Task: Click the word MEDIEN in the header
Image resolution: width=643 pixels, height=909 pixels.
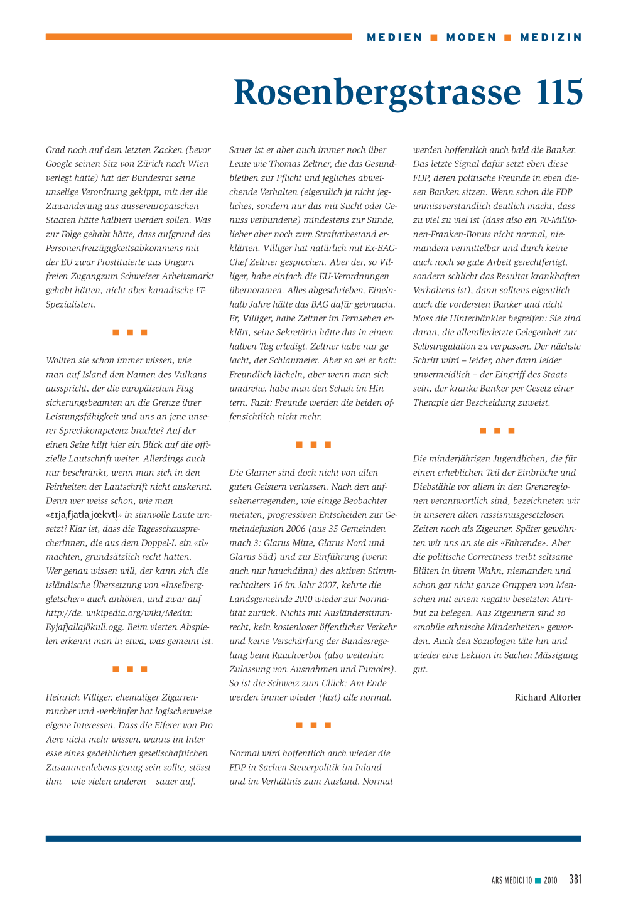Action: click(395, 38)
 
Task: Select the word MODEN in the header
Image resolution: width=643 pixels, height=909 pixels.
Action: click(472, 38)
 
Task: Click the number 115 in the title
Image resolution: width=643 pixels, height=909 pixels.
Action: click(559, 92)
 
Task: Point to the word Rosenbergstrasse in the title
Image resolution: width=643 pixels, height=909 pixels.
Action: click(377, 92)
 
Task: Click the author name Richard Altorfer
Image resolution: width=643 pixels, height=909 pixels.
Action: click(548, 697)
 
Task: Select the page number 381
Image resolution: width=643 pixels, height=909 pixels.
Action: click(575, 879)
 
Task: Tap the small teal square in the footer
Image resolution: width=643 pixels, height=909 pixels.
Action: click(538, 880)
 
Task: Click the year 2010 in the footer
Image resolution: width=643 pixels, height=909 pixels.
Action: click(550, 880)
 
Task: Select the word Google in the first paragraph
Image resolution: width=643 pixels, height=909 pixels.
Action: click(60, 164)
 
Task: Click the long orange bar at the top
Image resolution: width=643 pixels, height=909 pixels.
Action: click(198, 37)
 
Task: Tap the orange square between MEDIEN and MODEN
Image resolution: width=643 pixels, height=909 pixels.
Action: click(434, 38)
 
